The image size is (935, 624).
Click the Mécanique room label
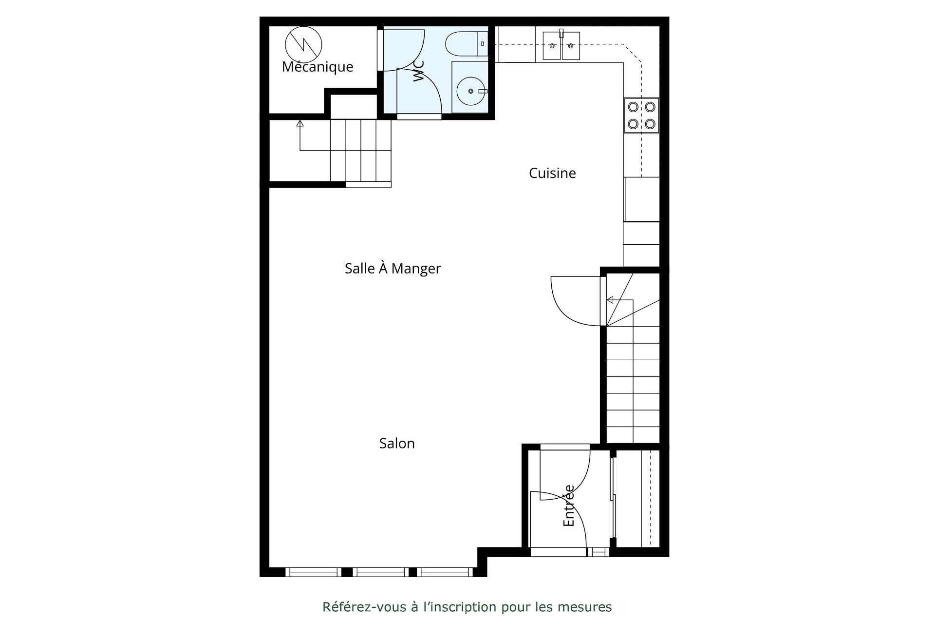tap(318, 67)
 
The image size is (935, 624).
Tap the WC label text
tap(418, 71)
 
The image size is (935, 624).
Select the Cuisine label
tap(552, 173)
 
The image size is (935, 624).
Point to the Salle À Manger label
tap(393, 269)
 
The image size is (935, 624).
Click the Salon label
tap(397, 443)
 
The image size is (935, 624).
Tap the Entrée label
tap(569, 506)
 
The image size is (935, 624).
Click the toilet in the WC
tap(467, 44)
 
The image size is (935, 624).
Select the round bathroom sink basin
tap(470, 91)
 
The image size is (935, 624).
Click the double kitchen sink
tap(561, 45)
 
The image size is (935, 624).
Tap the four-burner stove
tap(641, 115)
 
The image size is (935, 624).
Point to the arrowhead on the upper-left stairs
tap(300, 123)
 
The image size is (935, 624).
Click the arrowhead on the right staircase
tap(610, 300)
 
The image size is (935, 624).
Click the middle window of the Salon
tap(381, 572)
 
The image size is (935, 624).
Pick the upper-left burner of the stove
tap(633, 107)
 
